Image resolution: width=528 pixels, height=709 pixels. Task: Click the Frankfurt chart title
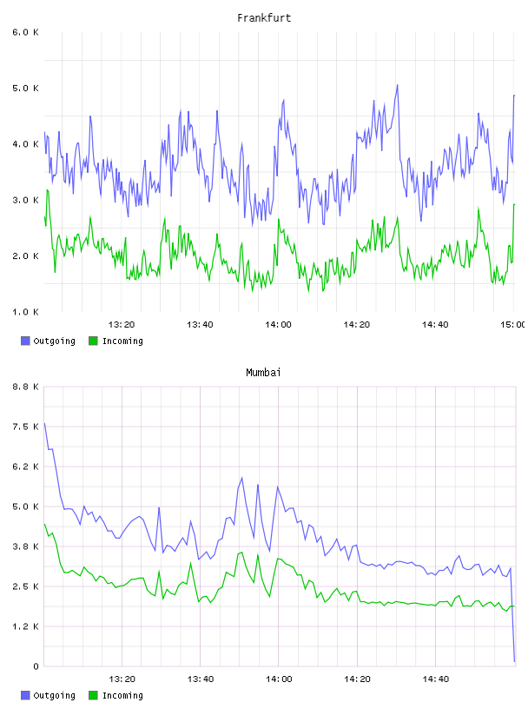[x=264, y=18]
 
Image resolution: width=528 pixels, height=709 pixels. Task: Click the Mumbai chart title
[x=263, y=373]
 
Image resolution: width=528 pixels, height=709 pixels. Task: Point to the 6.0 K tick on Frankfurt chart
[x=25, y=32]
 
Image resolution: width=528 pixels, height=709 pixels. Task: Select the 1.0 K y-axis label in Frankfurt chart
[x=25, y=312]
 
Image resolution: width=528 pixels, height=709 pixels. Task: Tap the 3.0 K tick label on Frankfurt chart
[x=25, y=200]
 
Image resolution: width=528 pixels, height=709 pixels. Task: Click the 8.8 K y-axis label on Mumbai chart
[x=25, y=387]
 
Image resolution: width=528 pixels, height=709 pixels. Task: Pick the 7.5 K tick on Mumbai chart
[x=25, y=427]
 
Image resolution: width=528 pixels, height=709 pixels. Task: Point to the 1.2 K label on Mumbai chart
[x=25, y=626]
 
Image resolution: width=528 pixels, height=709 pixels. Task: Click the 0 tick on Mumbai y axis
[x=36, y=666]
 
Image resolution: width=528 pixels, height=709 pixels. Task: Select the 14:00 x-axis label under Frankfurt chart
[x=278, y=325]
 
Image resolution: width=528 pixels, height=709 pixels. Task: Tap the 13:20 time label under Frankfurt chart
[x=122, y=325]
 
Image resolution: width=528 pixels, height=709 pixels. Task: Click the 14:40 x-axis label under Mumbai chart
[x=435, y=679]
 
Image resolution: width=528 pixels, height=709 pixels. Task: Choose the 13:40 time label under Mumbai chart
[x=200, y=679]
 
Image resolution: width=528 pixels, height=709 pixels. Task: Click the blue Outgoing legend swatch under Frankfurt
[x=25, y=341]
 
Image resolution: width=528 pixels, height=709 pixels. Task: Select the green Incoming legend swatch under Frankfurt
[x=93, y=341]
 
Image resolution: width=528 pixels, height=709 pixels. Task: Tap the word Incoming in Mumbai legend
[x=122, y=695]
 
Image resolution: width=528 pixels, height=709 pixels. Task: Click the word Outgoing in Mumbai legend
[x=54, y=695]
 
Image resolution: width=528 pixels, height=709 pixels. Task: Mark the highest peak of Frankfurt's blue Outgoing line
[x=398, y=85]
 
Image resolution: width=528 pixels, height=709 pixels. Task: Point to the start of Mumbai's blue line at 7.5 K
[x=44, y=424]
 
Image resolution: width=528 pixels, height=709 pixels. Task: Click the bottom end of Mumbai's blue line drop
[x=514, y=661]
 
